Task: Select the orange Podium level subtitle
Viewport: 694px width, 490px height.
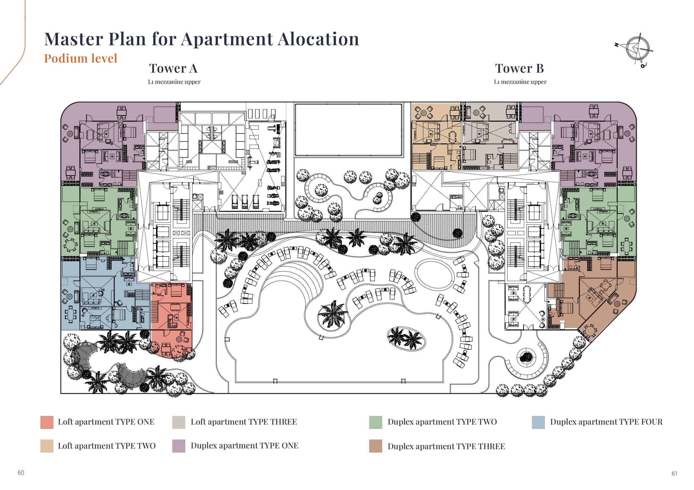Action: [81, 58]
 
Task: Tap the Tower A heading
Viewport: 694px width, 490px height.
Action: [173, 68]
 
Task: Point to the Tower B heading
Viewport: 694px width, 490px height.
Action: [519, 68]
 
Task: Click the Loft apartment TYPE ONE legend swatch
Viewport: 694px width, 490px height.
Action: [47, 422]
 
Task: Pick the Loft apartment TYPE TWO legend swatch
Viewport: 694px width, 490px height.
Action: [47, 446]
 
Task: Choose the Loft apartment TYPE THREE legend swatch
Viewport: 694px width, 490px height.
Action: [179, 422]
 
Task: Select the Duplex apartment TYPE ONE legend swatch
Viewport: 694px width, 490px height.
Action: [179, 446]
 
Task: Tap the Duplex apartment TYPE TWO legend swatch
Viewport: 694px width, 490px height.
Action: [375, 422]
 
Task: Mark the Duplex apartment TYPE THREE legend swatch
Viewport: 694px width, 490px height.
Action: [375, 446]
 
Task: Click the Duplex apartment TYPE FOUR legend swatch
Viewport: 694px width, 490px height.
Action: [538, 422]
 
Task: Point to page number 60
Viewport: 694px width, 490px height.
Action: [21, 472]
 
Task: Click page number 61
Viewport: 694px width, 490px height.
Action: [674, 474]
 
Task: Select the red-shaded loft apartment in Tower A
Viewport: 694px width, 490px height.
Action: [171, 314]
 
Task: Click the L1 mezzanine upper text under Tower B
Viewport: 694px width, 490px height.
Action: [520, 82]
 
